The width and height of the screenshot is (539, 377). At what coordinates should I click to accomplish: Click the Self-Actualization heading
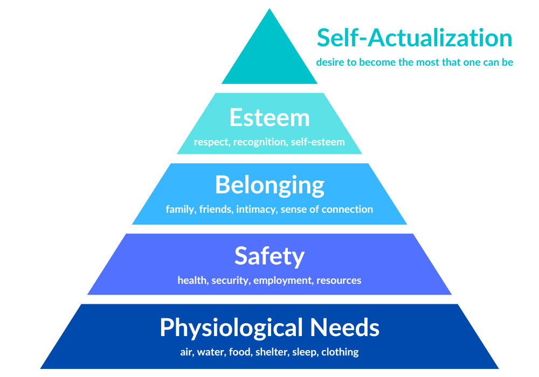point(414,38)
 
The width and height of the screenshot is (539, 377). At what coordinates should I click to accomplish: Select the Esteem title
point(269,118)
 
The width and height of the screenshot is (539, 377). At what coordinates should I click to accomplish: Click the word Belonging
point(269,185)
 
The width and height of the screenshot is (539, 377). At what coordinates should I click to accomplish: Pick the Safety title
point(269,256)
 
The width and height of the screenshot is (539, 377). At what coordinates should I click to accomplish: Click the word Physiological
point(232,328)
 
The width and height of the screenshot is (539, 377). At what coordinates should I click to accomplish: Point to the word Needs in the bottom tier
point(344,327)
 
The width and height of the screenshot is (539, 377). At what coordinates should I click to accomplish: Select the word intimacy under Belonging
point(257,209)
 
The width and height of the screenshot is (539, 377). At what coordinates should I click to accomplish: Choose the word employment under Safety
point(283,280)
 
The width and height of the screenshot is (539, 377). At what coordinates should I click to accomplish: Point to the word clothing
point(340,352)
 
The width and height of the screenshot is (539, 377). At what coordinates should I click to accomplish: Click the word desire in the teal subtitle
point(329,62)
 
